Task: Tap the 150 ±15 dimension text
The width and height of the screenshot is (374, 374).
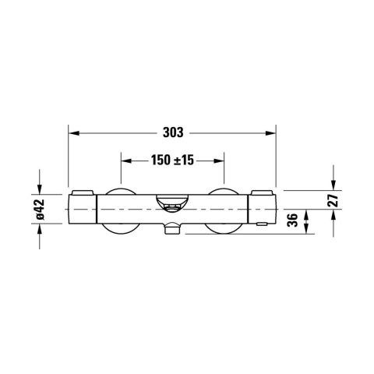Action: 172,161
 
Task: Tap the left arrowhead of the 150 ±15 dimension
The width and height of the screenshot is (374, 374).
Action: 125,161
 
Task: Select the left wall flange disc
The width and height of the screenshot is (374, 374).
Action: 121,210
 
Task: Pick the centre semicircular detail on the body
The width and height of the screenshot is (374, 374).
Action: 172,205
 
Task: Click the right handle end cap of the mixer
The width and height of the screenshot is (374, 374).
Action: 263,210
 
